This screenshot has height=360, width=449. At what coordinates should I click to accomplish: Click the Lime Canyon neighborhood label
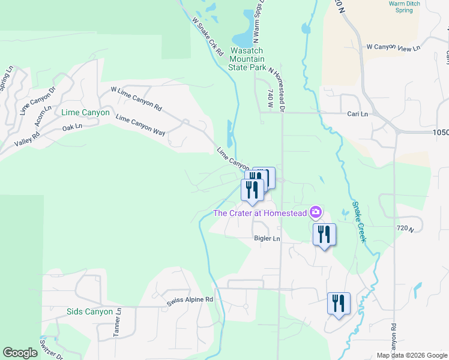coord(85,112)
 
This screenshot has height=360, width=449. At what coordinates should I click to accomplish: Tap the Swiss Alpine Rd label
coord(190,299)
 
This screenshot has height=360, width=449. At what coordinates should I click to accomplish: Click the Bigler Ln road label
coord(267,239)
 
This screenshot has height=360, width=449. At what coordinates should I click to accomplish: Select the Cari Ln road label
coord(357,113)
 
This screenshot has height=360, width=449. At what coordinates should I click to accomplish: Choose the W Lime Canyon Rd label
coord(137,99)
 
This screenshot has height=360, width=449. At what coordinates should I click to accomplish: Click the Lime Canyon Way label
coord(140,127)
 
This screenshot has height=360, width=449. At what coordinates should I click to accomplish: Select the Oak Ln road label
coord(71,128)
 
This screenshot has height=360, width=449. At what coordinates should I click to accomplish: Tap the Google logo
coord(20,353)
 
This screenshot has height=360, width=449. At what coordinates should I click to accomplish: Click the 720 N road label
coord(406,229)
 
